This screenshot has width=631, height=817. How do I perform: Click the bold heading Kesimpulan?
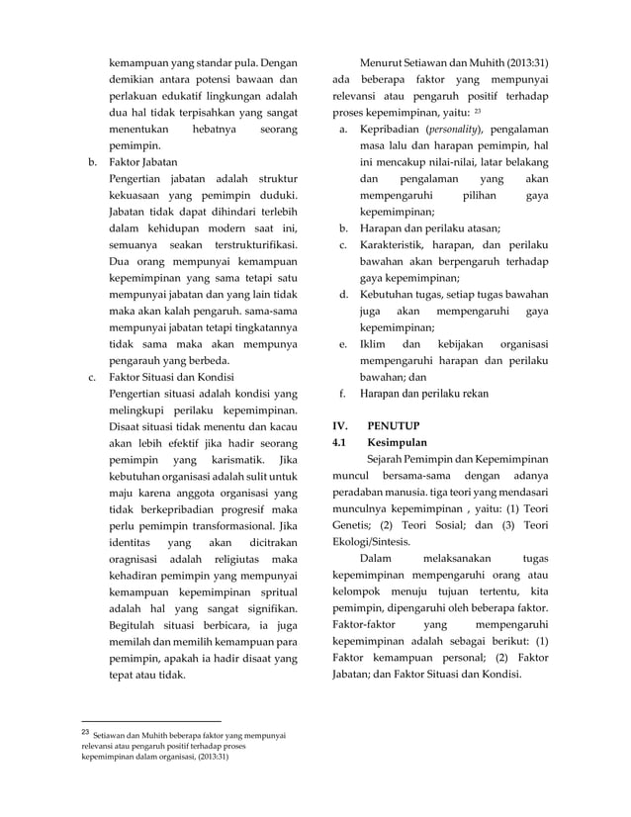(400, 442)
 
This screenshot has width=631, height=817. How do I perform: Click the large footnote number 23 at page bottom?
(86, 733)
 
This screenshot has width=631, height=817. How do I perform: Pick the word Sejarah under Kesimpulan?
(386, 460)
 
